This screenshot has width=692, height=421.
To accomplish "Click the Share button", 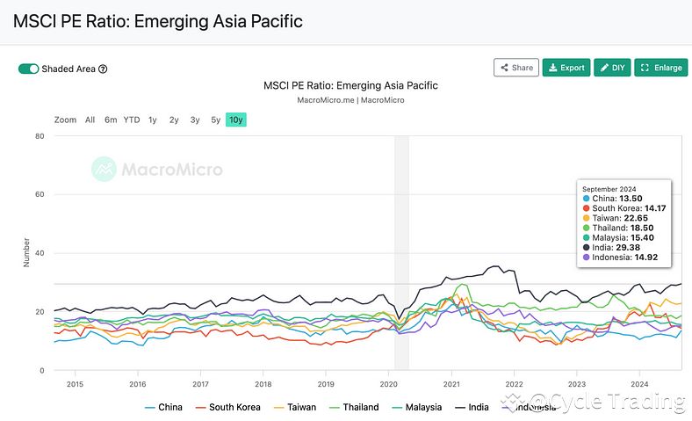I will coord(515,68).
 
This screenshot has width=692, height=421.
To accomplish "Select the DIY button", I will coord(613,68).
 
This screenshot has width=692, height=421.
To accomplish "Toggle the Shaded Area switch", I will coord(28,69).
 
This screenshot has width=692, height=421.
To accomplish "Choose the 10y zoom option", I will coord(236,120).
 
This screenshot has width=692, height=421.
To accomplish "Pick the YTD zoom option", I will coord(131,120).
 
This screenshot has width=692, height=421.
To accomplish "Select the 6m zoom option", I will coord(111,120).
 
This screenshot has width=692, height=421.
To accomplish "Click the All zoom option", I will coord(90,120).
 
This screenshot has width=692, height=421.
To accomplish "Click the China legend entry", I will coord(163,407).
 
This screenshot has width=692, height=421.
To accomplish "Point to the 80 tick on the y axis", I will coord(40,136).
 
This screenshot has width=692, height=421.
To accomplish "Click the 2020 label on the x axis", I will coord(389,384).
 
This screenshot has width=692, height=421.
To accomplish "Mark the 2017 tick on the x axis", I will coord(200,384).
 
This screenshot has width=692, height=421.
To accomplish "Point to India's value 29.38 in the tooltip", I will coord(630,247).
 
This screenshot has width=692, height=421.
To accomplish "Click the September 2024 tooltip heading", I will coord(609,189).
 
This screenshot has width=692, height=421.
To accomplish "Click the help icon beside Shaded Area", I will coord(103,69).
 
